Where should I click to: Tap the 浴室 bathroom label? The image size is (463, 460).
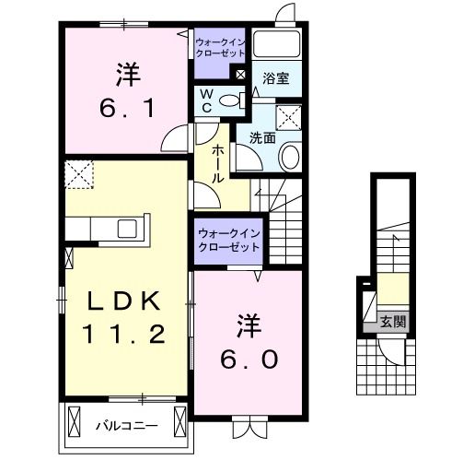pyautogui.click(x=276, y=79)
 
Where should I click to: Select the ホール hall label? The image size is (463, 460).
pyautogui.click(x=217, y=163)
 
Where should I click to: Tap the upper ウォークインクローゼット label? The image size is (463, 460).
pyautogui.click(x=220, y=47)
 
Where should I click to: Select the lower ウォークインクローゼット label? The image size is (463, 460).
pyautogui.click(x=226, y=241)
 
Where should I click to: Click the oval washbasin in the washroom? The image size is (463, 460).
pyautogui.click(x=288, y=157)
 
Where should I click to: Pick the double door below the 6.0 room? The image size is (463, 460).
pyautogui.click(x=247, y=427)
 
